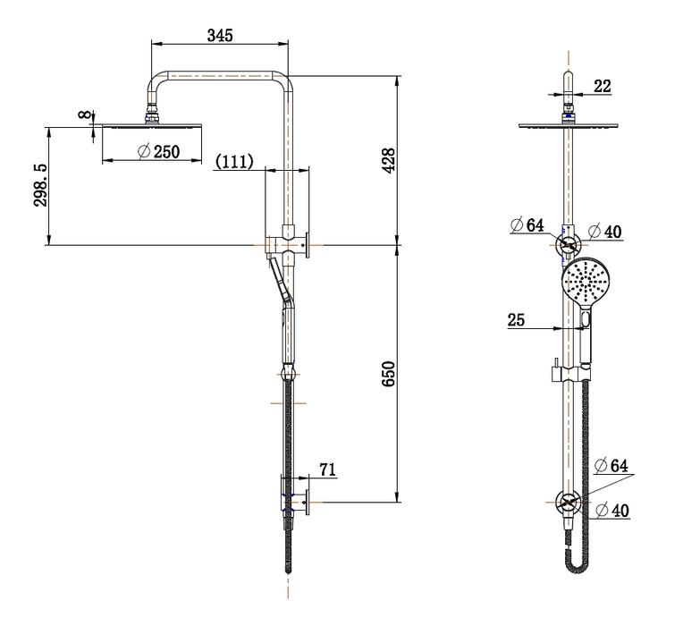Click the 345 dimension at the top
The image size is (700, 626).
click(220, 35)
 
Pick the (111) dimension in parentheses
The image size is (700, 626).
click(235, 161)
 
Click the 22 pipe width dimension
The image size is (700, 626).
click(602, 86)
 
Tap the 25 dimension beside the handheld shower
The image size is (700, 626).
click(517, 320)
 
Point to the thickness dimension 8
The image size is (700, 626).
click(84, 115)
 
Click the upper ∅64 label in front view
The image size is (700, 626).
click(527, 225)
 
